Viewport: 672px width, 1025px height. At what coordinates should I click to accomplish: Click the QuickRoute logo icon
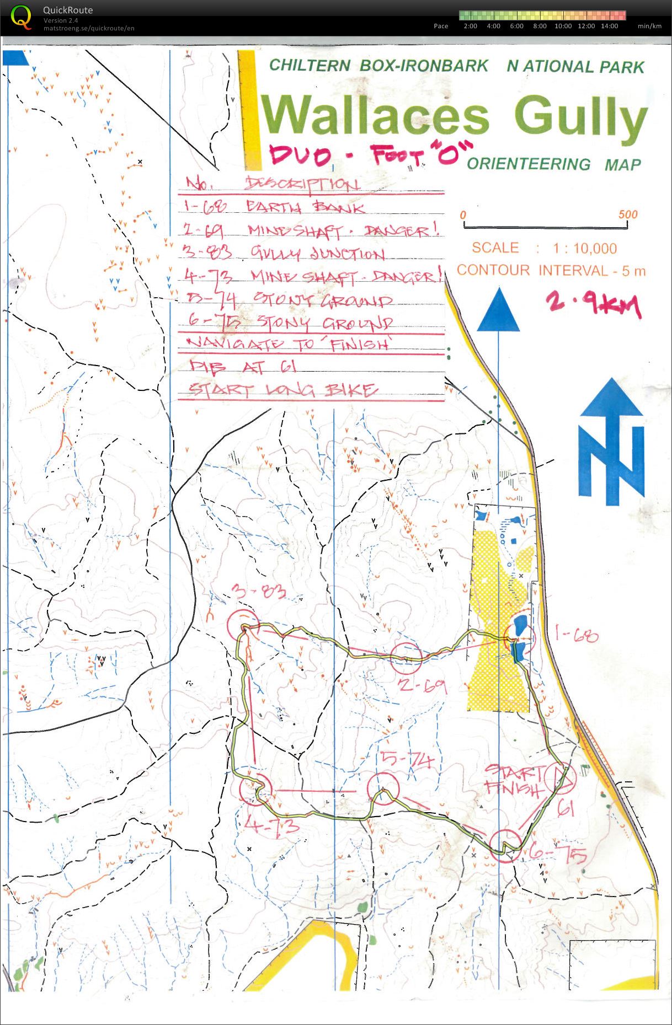click(21, 17)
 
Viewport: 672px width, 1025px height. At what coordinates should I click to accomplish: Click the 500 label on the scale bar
click(627, 214)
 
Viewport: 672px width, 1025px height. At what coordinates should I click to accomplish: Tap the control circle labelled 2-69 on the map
click(406, 658)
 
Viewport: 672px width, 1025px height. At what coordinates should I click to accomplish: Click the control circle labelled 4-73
click(255, 788)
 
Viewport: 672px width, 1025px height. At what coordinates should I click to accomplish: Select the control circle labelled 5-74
click(383, 788)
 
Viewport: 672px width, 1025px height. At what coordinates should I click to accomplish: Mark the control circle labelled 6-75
click(505, 846)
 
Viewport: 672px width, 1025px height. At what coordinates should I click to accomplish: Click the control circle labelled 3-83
click(243, 625)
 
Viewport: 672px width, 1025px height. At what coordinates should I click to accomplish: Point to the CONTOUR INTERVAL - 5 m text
click(551, 270)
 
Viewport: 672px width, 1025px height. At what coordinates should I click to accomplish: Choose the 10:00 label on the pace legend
click(563, 26)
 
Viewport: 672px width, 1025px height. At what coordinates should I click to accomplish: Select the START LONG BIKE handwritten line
click(283, 390)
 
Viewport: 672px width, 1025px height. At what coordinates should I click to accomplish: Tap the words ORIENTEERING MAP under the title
click(553, 164)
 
